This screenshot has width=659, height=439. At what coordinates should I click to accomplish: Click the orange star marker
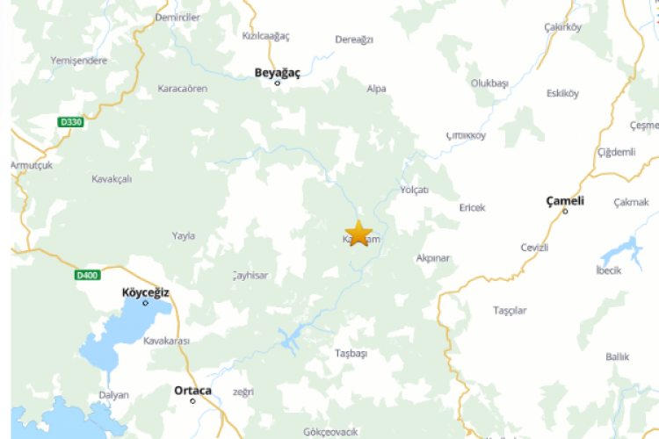coord(358,234)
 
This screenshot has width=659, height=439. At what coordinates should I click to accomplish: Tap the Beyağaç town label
coord(277,73)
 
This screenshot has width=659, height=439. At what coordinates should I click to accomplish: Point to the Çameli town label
coord(565,201)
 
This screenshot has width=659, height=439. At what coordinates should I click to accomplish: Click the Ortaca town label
coord(192,391)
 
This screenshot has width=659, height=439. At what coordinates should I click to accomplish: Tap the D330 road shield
coord(71,122)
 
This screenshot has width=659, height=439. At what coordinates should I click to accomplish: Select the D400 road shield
coord(86,275)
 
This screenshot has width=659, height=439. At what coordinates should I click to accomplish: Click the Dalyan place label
coord(113,395)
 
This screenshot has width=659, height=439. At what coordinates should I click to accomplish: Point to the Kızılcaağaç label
coord(265,36)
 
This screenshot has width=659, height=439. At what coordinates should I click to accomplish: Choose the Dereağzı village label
coord(354,40)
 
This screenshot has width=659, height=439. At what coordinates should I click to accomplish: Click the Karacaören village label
coord(182,89)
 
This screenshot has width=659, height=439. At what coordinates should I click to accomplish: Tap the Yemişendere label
coord(79,61)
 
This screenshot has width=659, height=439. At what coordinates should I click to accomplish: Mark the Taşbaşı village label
coord(351,353)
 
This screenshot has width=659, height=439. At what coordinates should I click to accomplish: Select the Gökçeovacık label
coord(330,432)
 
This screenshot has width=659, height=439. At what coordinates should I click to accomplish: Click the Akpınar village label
coord(432,259)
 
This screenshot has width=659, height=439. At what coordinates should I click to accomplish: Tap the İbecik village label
coord(608,270)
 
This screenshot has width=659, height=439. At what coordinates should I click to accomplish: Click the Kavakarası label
coord(166,340)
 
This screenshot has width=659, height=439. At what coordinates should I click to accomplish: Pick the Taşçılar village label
coord(510,311)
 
